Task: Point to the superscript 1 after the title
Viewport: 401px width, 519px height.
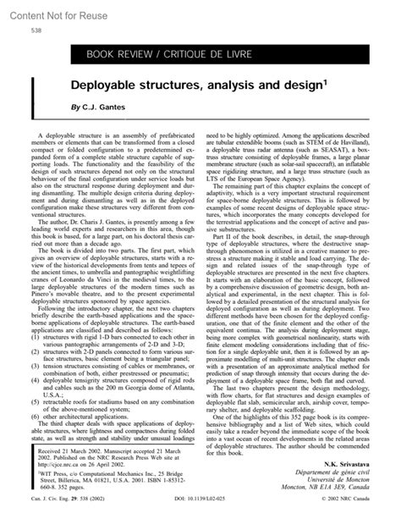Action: click(x=325, y=83)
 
